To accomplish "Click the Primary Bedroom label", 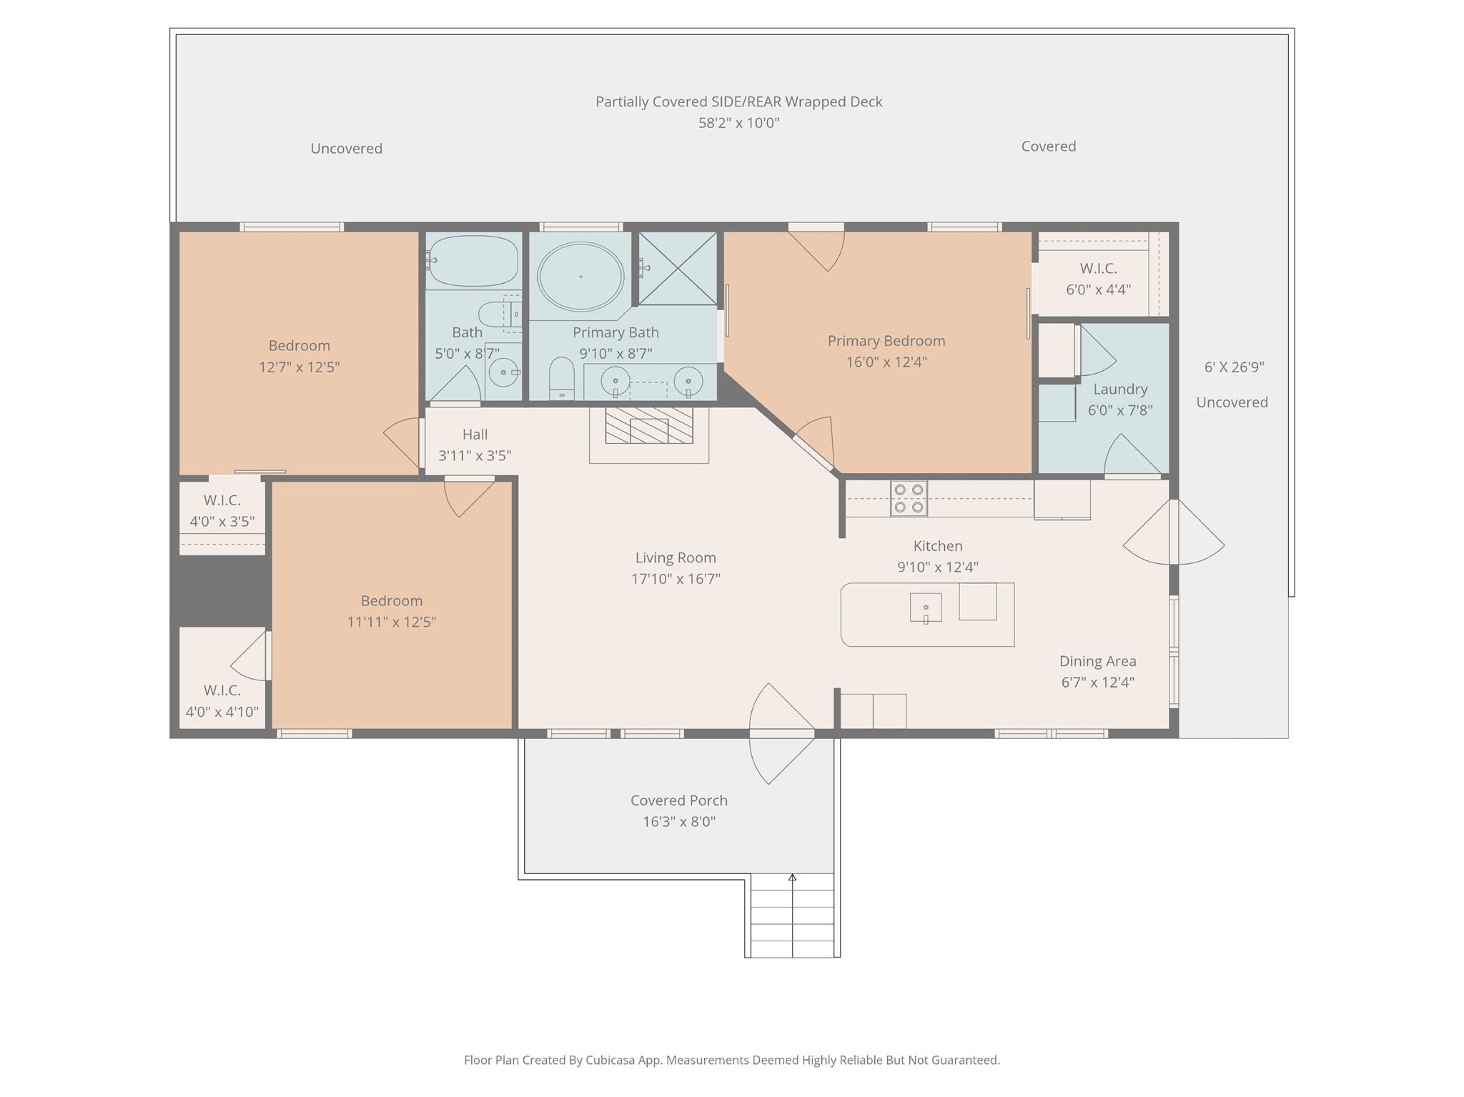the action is click(886, 341).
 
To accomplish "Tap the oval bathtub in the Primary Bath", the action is click(580, 277).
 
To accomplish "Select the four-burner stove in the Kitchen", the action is click(909, 498).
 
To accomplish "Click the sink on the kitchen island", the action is click(926, 608).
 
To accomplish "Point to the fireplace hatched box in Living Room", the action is click(649, 425).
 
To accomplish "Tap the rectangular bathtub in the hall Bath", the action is click(473, 260).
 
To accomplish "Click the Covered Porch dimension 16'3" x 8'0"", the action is click(679, 822).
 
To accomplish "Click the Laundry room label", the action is click(1120, 389).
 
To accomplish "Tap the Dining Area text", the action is click(1098, 661).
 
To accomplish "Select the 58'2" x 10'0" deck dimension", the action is click(739, 123).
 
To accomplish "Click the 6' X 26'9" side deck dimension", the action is click(1235, 367).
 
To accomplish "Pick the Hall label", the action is click(475, 435).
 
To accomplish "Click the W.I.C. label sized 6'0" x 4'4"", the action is click(1099, 269).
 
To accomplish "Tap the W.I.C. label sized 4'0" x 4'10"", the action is click(222, 691).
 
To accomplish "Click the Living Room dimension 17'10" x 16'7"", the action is click(676, 579).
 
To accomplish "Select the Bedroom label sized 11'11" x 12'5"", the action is click(392, 601).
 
